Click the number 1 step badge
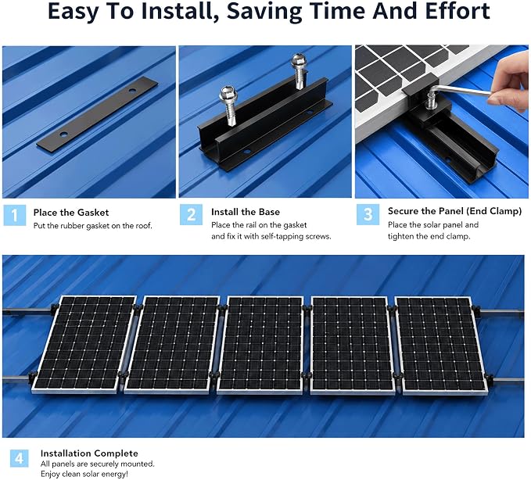15,215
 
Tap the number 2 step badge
191,215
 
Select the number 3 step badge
368,214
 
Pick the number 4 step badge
19,458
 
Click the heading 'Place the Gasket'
71,213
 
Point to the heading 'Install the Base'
246,212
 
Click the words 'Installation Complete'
89,453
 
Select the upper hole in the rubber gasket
132,90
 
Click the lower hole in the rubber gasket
63,134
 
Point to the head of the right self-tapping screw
299,61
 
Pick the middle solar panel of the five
261,345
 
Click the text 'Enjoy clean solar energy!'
84,474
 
